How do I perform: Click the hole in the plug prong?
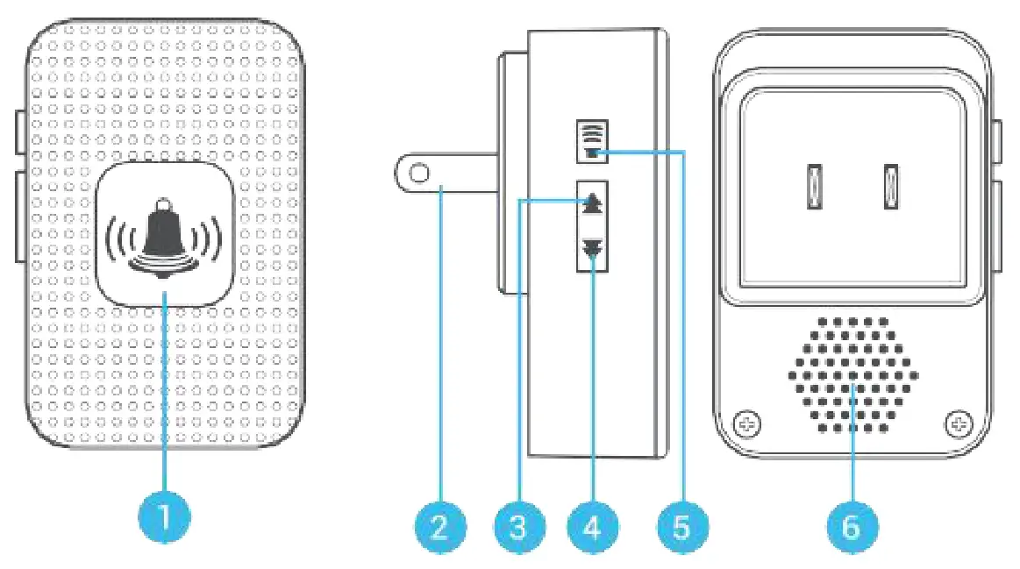419,174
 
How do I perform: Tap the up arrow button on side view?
593,203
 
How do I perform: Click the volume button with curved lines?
593,141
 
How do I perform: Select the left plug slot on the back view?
812,187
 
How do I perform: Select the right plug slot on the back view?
891,187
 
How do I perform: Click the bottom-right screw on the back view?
958,424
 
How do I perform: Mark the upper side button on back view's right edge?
997,140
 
